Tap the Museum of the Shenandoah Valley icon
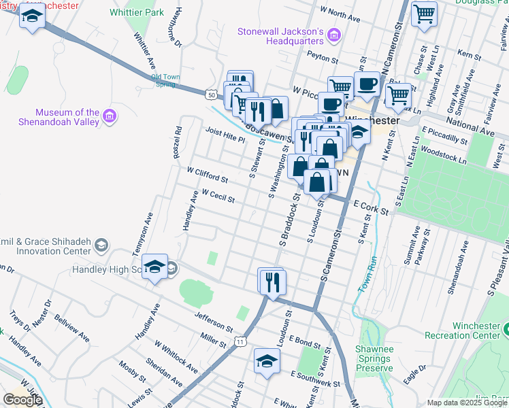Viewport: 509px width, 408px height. pos(109,118)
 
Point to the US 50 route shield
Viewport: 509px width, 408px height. pos(212,95)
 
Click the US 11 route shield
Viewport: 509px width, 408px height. pos(240,341)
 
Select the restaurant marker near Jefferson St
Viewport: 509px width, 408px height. pos(273,282)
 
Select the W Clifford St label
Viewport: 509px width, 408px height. pos(207,176)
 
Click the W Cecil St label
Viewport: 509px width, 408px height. pos(218,197)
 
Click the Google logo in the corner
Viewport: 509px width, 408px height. pos(22,399)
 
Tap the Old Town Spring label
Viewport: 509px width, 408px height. pos(165,80)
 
